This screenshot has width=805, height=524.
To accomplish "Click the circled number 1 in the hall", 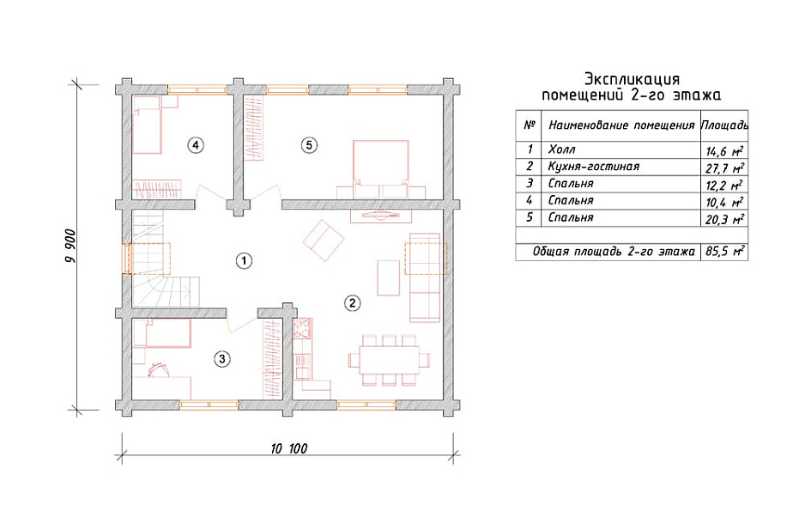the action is [x=244, y=261].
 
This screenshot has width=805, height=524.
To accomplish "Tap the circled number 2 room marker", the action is [x=352, y=303].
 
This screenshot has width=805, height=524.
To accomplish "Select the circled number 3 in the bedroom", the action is [x=221, y=358].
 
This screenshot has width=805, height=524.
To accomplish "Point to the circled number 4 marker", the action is [x=195, y=145].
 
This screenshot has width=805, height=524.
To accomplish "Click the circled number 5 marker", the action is [x=309, y=145].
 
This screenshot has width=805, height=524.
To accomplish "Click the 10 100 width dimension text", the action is [x=288, y=448].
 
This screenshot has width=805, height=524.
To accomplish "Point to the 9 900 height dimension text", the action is [x=70, y=246].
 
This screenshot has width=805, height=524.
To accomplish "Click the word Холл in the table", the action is [x=561, y=149].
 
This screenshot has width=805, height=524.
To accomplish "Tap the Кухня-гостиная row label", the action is [x=594, y=167].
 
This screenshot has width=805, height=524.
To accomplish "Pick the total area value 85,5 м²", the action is [x=725, y=252].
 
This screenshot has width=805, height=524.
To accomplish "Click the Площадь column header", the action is [x=724, y=125].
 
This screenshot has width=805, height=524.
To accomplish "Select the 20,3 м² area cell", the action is [x=725, y=219].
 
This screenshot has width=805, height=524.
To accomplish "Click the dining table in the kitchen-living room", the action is [x=389, y=360].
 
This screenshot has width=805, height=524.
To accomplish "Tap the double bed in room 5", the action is [x=381, y=169].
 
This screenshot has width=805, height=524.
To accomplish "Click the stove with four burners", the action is [x=302, y=329].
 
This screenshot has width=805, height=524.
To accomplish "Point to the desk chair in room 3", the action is [x=159, y=369].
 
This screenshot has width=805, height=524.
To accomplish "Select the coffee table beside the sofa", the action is [x=389, y=278].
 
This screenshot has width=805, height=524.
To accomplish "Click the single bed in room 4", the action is [x=148, y=124].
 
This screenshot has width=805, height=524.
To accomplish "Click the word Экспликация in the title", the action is [x=632, y=79].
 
